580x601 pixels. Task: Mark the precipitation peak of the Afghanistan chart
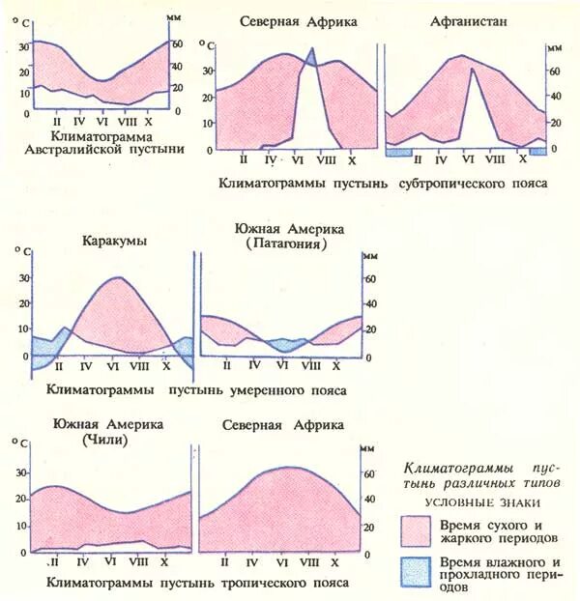tap(471, 69)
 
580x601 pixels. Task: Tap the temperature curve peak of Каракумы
tap(117, 278)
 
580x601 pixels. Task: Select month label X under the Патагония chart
tap(336, 366)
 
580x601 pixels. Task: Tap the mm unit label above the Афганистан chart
tap(553, 46)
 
